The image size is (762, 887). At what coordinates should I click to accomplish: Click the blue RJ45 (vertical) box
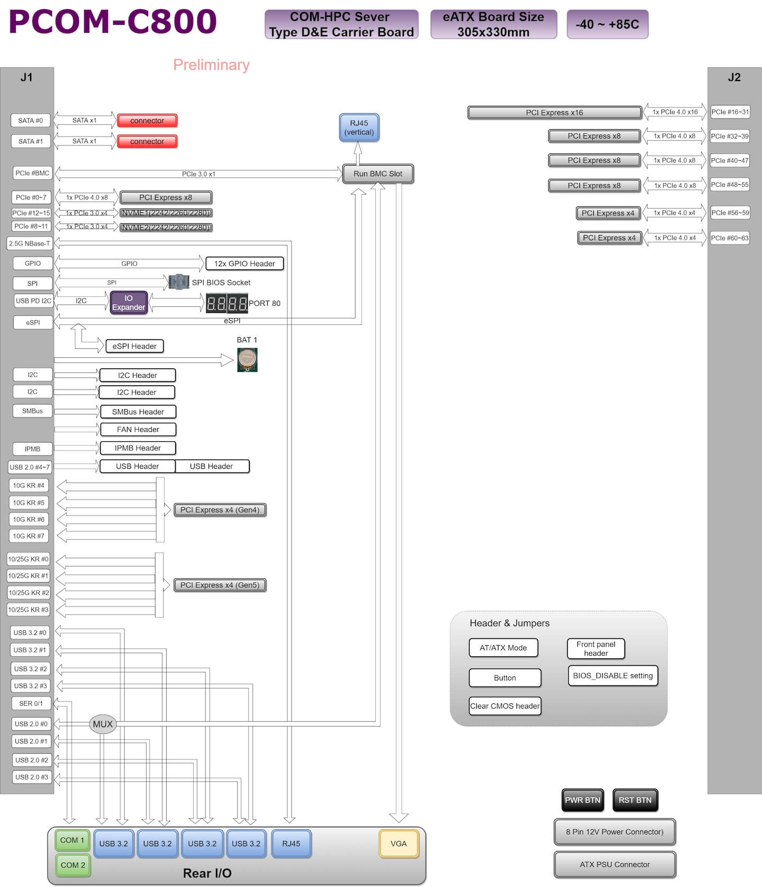click(359, 128)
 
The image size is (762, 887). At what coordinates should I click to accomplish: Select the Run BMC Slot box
click(378, 174)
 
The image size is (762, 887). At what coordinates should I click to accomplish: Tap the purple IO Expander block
click(129, 303)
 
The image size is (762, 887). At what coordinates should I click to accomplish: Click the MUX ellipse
click(103, 724)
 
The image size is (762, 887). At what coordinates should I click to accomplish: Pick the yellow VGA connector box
click(398, 844)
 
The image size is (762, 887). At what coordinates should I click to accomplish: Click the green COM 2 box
click(72, 865)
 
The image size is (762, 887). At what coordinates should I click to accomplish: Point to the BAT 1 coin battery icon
click(247, 360)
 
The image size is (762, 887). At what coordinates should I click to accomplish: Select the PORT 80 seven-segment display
click(226, 303)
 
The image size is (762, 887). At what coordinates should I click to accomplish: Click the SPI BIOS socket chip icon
click(179, 282)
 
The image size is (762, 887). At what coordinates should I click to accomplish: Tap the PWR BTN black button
click(582, 800)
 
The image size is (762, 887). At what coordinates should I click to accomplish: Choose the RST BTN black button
click(635, 800)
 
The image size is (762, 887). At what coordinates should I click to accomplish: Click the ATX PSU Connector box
click(614, 864)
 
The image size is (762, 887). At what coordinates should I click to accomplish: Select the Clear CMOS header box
click(505, 706)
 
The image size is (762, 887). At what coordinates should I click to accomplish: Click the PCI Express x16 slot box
click(554, 113)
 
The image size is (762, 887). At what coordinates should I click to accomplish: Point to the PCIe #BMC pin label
click(32, 173)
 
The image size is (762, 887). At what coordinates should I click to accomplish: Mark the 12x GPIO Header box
click(244, 264)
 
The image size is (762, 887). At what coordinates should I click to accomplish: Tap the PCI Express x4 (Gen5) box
click(220, 585)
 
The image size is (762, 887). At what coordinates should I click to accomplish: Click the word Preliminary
click(211, 65)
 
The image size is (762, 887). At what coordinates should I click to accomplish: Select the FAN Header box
click(138, 429)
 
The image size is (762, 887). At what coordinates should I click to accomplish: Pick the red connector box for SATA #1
click(147, 141)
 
